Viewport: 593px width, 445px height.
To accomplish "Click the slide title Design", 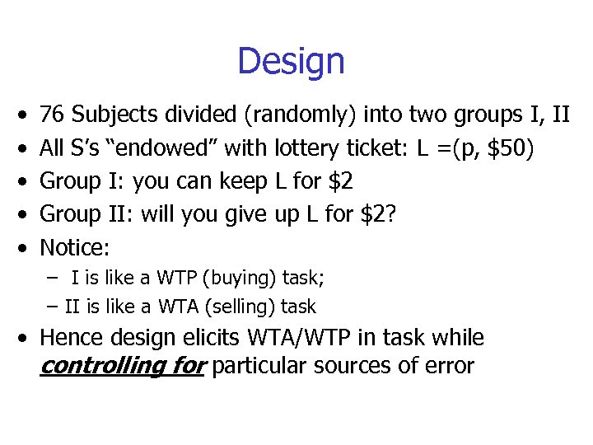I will [291, 62].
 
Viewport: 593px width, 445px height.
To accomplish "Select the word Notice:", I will [75, 247].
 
